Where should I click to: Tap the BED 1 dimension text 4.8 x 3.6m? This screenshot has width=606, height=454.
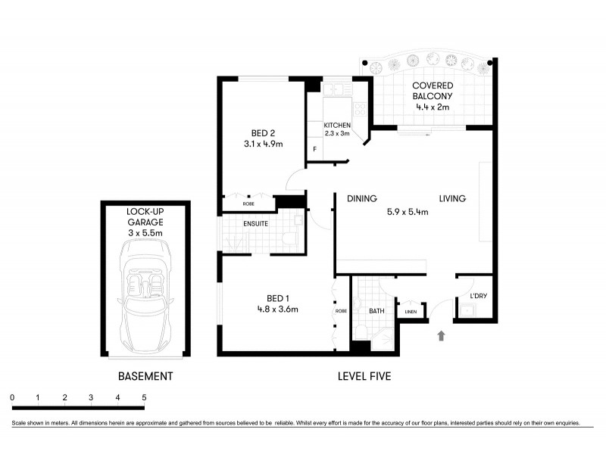point(276,309)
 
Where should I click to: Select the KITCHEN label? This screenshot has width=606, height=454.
point(337,125)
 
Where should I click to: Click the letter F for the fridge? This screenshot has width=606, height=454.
point(315,149)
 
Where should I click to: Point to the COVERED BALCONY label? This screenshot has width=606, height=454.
point(433,91)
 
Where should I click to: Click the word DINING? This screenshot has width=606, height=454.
point(362,199)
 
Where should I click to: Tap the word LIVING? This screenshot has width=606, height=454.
point(451,199)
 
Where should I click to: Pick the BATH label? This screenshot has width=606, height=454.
point(376,311)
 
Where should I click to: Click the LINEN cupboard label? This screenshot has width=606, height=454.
point(411,311)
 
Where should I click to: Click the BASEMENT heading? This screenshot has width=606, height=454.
point(145,376)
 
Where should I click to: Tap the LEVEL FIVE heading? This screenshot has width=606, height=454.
point(364,376)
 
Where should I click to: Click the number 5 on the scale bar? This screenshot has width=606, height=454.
point(143,397)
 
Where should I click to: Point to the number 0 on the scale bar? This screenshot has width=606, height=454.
point(12,397)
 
